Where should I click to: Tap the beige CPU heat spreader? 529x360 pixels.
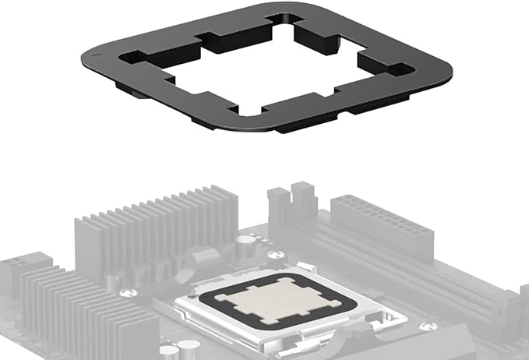268,298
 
